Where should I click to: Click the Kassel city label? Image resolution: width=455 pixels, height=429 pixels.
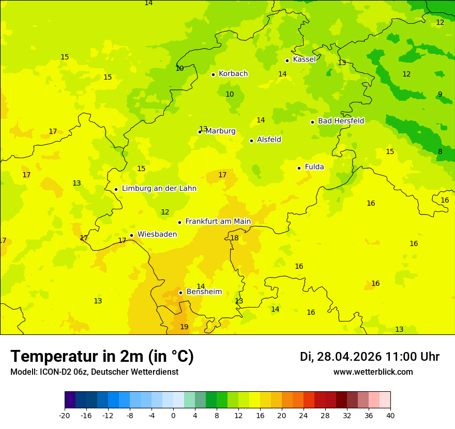[x=304, y=59]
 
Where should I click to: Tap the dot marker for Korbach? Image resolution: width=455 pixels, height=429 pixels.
[x=213, y=74]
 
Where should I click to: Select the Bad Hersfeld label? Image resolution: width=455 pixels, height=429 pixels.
[x=341, y=121]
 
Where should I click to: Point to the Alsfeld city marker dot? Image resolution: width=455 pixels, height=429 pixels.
[x=252, y=141]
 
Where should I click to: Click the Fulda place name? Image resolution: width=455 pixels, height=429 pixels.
[x=314, y=167]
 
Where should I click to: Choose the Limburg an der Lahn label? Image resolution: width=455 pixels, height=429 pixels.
[x=159, y=189]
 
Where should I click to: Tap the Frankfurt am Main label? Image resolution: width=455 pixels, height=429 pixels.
[x=218, y=222]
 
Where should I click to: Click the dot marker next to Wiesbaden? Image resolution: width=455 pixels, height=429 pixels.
[x=132, y=236]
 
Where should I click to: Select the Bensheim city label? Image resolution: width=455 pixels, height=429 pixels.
[x=204, y=292]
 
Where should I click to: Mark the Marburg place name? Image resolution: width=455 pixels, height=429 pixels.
[x=220, y=131]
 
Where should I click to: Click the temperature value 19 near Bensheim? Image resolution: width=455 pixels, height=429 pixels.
[x=184, y=327]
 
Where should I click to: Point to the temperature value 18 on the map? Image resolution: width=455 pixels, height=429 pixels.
[x=234, y=238]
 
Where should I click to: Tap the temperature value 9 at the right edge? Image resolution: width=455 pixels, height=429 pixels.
[x=440, y=95]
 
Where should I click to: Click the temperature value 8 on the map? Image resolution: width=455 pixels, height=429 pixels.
[x=440, y=152]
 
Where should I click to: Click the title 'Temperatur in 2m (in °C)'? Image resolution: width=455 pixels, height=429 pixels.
[x=102, y=357]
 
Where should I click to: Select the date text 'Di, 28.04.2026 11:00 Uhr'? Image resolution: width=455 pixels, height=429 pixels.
[x=370, y=357]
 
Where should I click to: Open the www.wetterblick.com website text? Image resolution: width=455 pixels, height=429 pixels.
[x=373, y=372]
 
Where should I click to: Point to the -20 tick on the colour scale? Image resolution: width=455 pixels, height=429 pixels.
[x=65, y=416]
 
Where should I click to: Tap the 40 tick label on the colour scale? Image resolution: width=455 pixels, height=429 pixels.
[x=390, y=416]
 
